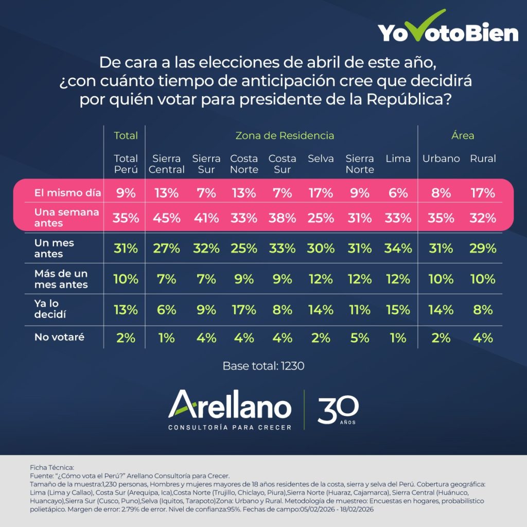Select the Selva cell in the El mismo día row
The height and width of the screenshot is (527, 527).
[x=321, y=194]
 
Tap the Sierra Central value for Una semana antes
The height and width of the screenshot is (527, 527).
[x=166, y=218]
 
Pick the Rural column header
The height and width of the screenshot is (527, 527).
[x=483, y=159]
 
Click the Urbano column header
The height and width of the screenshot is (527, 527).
[x=441, y=159]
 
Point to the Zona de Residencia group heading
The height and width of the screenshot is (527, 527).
[x=285, y=136]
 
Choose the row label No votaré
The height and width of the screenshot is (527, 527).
[x=59, y=338]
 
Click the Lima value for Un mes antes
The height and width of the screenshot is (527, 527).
[x=398, y=249]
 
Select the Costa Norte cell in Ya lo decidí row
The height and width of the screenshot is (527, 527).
[x=244, y=310]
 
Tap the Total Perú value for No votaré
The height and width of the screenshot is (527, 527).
[x=126, y=338]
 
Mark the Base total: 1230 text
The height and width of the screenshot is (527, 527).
[x=263, y=366]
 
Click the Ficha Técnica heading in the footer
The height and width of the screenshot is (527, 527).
[x=52, y=467]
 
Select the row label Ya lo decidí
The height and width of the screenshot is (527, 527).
[x=50, y=309]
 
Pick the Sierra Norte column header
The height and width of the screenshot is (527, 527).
[x=360, y=164]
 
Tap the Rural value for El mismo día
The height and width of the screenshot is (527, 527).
[x=483, y=194]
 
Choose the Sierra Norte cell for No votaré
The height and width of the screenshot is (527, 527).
[x=360, y=338]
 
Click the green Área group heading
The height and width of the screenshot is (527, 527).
[x=463, y=136]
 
